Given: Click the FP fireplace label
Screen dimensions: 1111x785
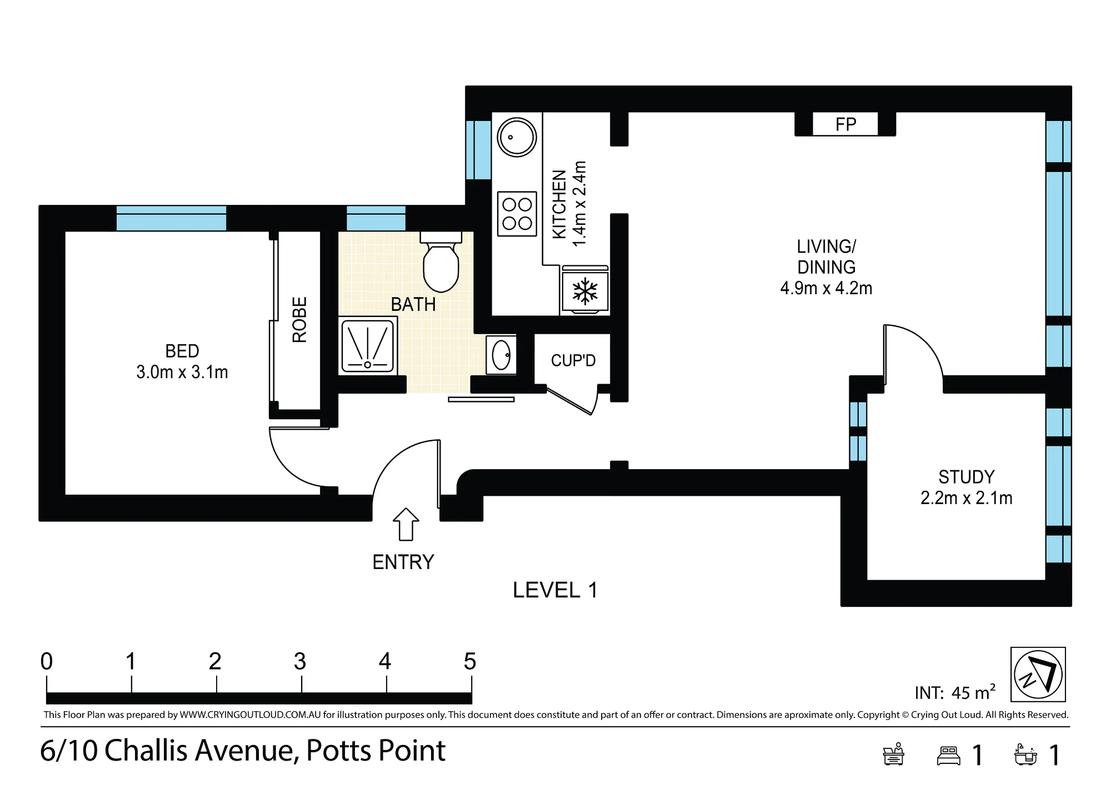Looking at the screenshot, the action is point(845,124).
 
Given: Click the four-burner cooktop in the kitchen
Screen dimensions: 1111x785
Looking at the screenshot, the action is point(517,214).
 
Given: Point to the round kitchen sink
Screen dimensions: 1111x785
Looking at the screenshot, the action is point(517,137).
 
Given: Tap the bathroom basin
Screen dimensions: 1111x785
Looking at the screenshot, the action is point(501,355).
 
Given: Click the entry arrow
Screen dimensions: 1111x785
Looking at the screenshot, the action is point(406,524).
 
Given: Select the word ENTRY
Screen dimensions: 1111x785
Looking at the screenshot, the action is point(403,562).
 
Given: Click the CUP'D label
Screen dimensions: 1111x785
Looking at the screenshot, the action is point(573,361).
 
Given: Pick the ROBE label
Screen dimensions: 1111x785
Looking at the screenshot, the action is point(299,320).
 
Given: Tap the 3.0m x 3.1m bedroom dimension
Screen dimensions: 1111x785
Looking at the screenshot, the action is point(182,372).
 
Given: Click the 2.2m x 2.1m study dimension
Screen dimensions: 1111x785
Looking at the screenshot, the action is point(967,498).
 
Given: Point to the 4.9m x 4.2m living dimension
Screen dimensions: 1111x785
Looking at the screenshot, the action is point(827,288).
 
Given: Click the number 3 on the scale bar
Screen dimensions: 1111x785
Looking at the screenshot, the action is point(300,661).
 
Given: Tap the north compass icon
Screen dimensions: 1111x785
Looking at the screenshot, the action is point(1038,675).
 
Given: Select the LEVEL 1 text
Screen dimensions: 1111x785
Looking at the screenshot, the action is point(555,590).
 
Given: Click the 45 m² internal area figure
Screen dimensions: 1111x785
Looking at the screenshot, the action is point(973,692).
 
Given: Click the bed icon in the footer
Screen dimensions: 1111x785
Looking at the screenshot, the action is point(949,756).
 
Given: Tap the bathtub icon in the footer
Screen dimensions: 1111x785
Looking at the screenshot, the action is point(1025,755).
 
